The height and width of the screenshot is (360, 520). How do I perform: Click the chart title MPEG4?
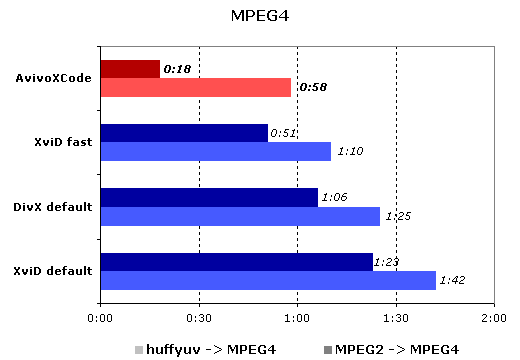(x=259, y=16)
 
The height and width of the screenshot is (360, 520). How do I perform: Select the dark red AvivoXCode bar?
(x=130, y=69)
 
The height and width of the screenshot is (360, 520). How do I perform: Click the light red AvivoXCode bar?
(x=196, y=88)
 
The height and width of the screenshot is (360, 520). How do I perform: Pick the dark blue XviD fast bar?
(x=184, y=133)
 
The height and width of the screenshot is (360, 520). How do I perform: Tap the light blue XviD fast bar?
(x=216, y=152)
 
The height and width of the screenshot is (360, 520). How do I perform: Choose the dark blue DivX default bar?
(x=209, y=197)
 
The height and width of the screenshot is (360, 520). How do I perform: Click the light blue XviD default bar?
(x=268, y=280)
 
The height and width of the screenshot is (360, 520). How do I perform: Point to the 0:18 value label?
(x=177, y=70)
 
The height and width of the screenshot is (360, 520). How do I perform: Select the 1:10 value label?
(x=350, y=152)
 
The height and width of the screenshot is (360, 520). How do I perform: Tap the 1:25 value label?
(x=398, y=216)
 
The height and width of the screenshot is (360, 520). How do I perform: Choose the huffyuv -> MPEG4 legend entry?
(x=204, y=349)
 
